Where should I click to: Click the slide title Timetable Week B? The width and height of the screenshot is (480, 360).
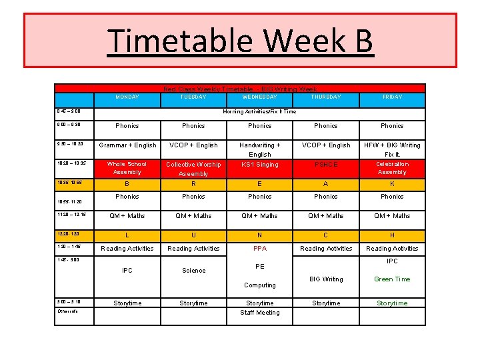[x=240, y=40]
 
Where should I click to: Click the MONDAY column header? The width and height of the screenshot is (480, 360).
[x=127, y=97]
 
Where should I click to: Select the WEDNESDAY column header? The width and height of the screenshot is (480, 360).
[x=260, y=97]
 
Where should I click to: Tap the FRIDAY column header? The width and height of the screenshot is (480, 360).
[x=392, y=97]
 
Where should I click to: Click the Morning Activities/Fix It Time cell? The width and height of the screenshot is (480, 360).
[x=259, y=112]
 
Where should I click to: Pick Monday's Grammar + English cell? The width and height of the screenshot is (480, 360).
[x=127, y=145]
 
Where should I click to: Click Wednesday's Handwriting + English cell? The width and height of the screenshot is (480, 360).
[x=260, y=149]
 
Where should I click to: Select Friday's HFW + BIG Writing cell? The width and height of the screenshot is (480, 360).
[x=392, y=149]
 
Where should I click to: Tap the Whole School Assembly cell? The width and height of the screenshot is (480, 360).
[x=127, y=168]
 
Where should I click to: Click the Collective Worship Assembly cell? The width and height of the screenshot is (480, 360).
[x=193, y=169]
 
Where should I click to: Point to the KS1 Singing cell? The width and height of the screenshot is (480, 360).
[x=260, y=165]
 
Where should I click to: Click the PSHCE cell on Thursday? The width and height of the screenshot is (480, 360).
[x=326, y=165]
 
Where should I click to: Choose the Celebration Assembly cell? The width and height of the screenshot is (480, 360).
[x=392, y=168]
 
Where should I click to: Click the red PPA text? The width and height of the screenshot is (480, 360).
[x=260, y=249]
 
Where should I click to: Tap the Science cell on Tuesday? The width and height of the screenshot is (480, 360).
[x=193, y=271]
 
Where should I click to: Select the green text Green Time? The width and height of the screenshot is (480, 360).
[x=392, y=279]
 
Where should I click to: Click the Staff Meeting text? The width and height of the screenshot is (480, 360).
[x=260, y=313]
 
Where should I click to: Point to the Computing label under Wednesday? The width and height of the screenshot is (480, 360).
[x=260, y=285]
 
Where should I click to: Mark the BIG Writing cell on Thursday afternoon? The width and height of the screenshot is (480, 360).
[x=326, y=279]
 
